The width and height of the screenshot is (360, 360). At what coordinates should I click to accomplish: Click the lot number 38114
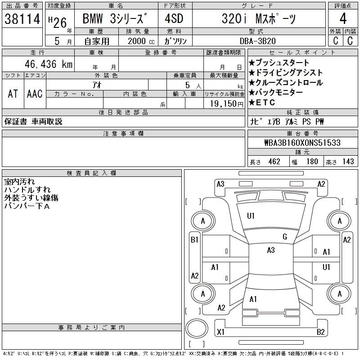22,19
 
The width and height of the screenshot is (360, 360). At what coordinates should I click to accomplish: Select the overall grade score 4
343,18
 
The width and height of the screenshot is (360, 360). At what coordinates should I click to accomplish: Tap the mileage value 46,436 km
49,64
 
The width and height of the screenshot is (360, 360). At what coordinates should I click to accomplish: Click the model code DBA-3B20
258,41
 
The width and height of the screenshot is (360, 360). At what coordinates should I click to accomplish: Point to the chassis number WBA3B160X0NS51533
302,143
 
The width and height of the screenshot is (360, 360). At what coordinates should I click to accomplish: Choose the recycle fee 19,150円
227,104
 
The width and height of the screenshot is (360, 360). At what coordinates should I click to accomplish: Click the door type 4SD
174,18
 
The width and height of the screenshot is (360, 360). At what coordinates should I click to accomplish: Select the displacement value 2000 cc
141,41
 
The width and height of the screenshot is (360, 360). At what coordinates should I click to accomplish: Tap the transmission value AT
13,94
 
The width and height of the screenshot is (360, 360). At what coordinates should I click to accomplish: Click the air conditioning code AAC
35,94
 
